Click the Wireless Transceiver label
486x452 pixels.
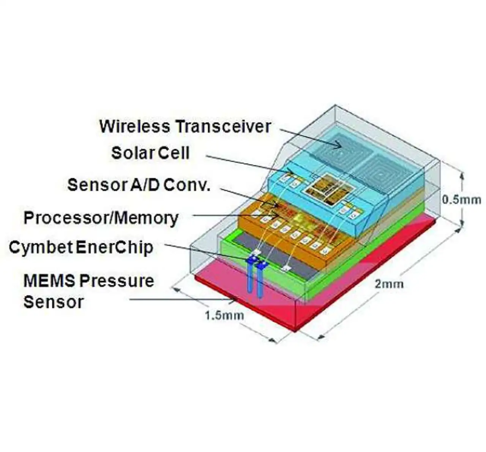point(185,126)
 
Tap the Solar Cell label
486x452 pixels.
point(150,153)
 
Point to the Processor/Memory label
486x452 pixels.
point(101,218)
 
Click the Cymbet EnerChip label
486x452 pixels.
point(81,248)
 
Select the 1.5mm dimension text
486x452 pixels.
point(224,315)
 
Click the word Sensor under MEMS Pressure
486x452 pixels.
point(53,302)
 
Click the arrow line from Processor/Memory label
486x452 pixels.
point(228,216)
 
